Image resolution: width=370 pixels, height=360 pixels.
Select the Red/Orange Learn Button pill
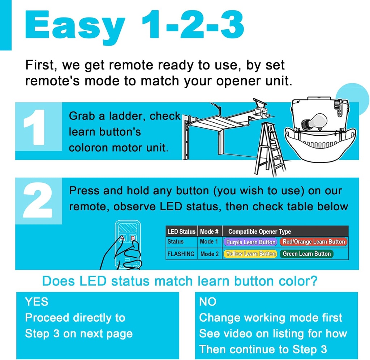[313, 242]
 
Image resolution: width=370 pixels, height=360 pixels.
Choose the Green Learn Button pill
[306, 254]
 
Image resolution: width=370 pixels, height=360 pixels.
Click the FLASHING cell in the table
[181, 254]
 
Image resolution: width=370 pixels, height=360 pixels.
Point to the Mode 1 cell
[209, 242]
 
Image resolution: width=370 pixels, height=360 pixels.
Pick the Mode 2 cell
[209, 254]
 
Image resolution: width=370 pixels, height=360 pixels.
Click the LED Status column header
[181, 232]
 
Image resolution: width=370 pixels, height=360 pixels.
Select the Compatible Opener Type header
[259, 232]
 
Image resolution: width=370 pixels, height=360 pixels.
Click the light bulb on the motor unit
[314, 122]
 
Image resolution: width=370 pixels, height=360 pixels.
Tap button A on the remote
[123, 238]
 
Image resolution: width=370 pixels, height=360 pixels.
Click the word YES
[36, 301]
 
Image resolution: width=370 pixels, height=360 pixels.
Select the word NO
[208, 301]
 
